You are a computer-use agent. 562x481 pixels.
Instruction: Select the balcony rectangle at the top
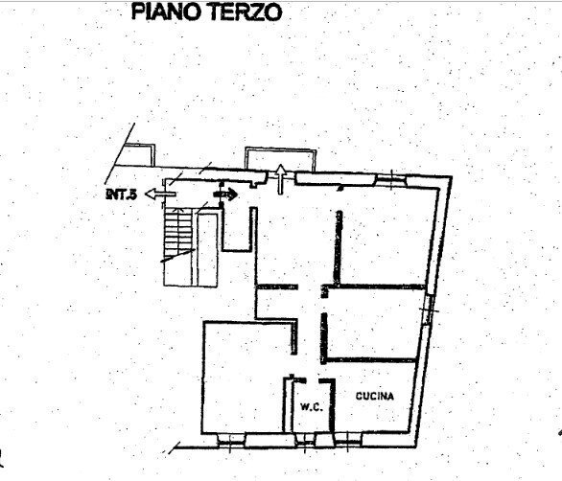(279, 156)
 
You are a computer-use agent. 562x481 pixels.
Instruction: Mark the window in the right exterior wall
(431, 307)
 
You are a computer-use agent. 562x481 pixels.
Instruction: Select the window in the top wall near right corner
(397, 177)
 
